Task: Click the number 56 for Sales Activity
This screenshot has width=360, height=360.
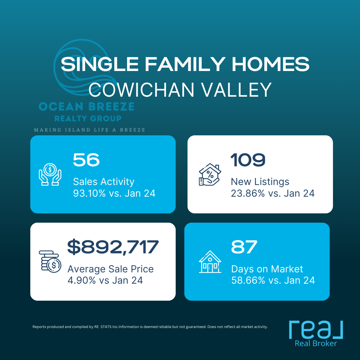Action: coord(86,160)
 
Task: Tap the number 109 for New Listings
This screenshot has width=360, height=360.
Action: coord(248,160)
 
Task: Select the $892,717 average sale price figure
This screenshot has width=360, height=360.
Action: coord(113,247)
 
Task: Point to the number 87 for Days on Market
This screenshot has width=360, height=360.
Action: coord(244,247)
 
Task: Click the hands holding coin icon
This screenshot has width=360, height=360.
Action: coord(50,174)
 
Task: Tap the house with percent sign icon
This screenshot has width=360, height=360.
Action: coord(210,174)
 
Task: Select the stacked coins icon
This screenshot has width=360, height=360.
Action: coord(50,262)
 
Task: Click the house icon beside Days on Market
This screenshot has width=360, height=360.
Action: coord(210,262)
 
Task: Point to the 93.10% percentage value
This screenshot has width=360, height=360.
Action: coord(89,193)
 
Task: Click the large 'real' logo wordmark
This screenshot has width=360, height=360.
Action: coord(316,330)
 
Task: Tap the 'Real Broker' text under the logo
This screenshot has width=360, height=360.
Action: coord(316,343)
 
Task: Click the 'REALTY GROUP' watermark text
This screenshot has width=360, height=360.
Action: coord(88,118)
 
